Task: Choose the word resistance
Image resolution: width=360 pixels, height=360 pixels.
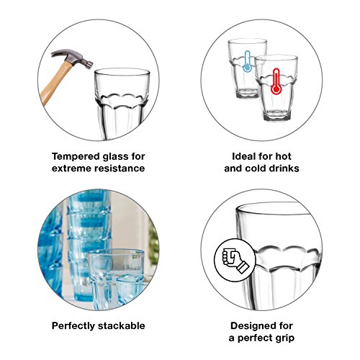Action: pos(118,168)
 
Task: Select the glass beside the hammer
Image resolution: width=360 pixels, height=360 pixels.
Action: pos(122,101)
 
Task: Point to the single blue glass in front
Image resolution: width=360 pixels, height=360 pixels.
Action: pos(115,277)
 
